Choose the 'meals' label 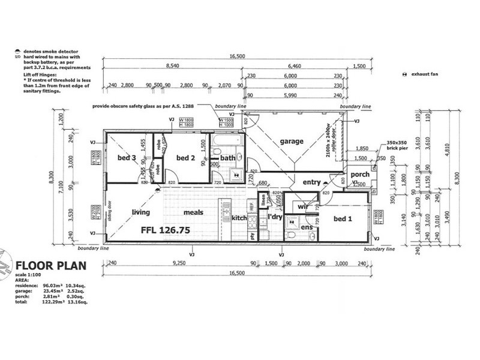tap(193, 212)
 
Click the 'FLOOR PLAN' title tap(52, 265)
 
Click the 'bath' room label tap(228, 158)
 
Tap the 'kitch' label tap(239, 218)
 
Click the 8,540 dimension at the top tap(172, 66)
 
